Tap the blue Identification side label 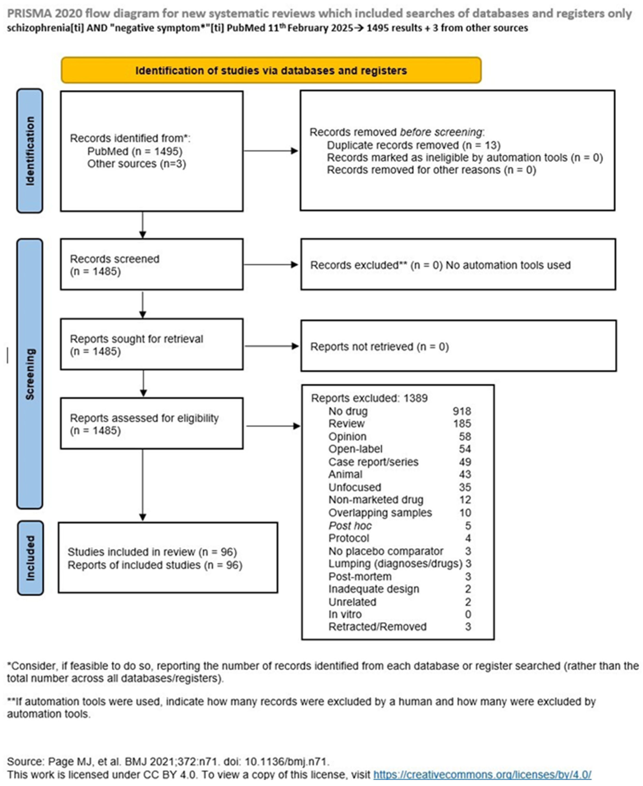[30, 151]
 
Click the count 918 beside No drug [462, 411]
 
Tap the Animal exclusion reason [345, 474]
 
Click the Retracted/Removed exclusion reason [377, 627]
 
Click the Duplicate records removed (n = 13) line [413, 145]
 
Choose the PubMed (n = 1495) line [135, 151]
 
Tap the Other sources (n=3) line [136, 164]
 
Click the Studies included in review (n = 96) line [152, 552]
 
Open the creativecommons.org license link [482, 774]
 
